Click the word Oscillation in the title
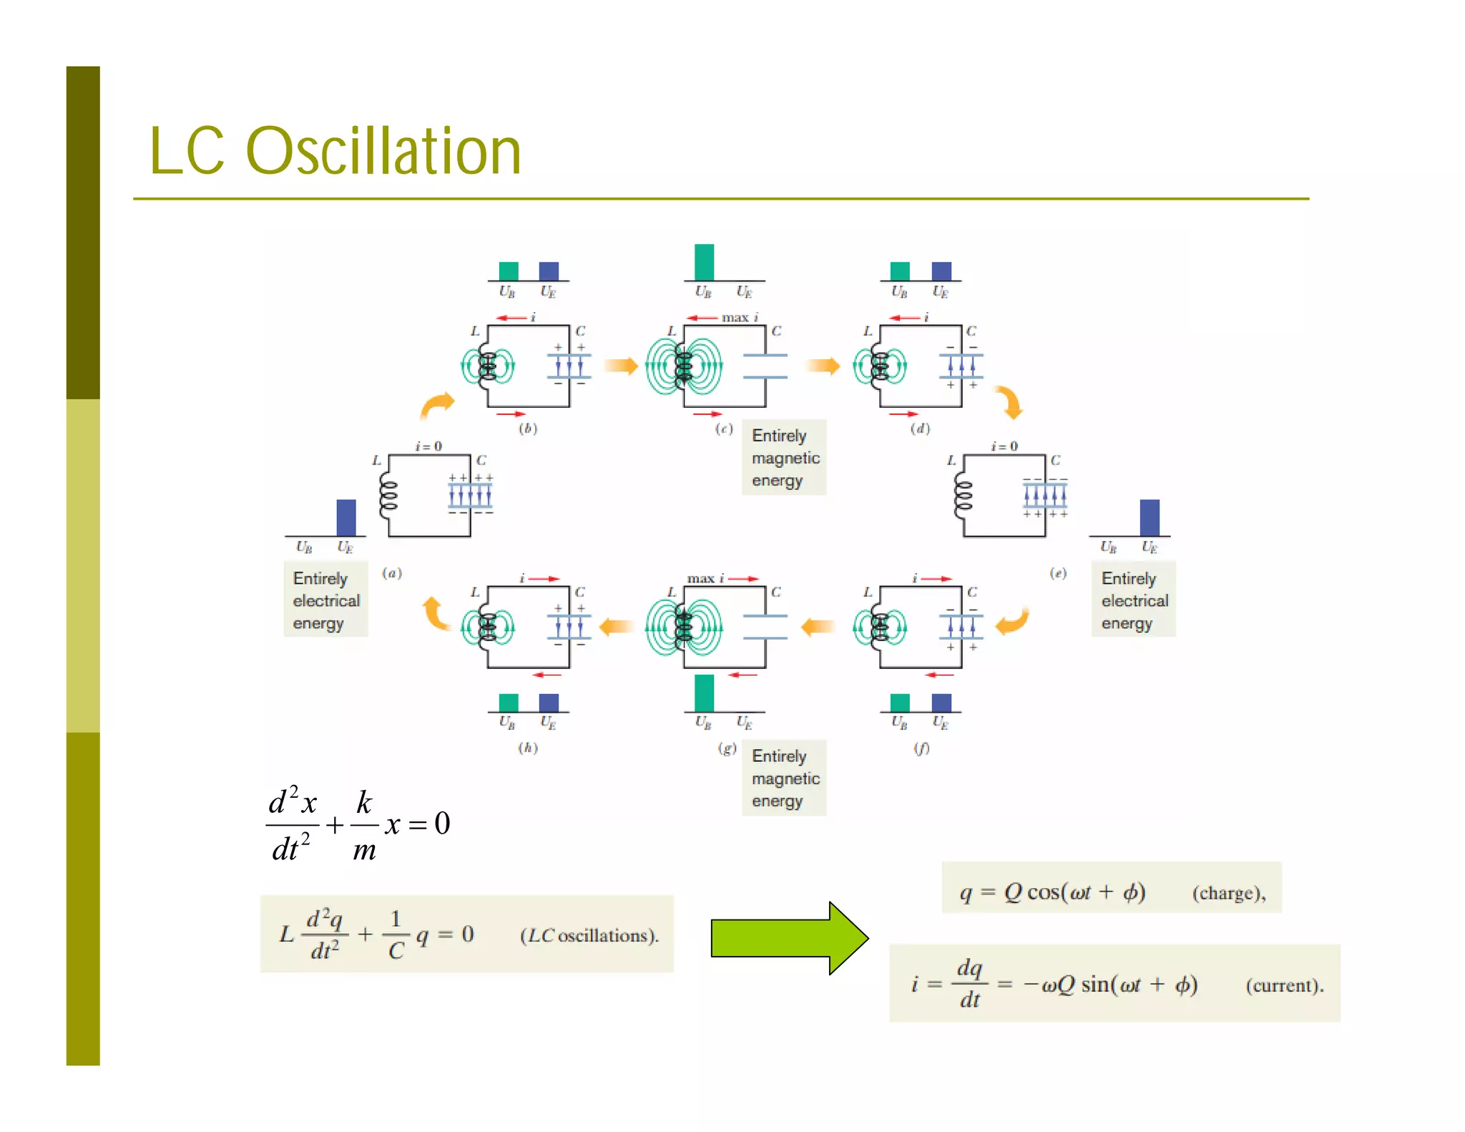383,151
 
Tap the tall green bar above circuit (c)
704,262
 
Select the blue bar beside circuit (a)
346,517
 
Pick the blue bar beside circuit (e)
1149,517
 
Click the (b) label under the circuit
528,429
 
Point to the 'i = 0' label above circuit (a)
428,446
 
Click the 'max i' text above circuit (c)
740,317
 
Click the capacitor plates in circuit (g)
765,626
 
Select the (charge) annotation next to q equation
1228,893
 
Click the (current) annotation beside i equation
1284,986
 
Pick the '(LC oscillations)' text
589,935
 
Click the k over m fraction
364,825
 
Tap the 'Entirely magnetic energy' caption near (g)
784,778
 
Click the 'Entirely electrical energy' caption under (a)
325,600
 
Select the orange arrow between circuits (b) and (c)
620,366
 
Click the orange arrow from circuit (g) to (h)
616,627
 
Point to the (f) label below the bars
921,748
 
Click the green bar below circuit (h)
508,702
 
